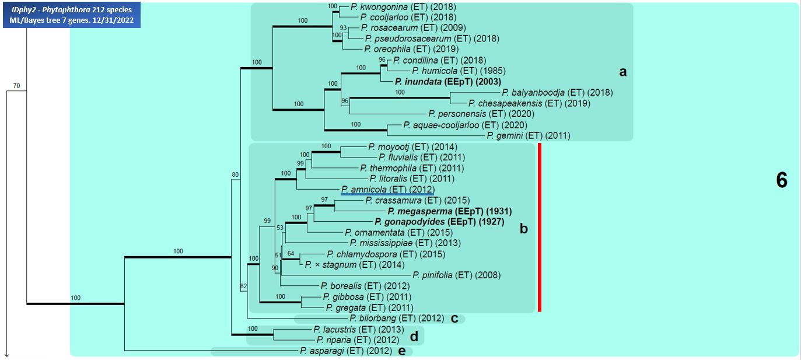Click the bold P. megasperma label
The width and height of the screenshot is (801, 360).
click(419, 211)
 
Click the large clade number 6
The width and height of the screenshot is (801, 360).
click(781, 181)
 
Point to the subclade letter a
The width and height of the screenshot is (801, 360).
click(622, 72)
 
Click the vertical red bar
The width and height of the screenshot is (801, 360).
click(540, 228)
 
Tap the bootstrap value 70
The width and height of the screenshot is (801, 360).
click(16, 86)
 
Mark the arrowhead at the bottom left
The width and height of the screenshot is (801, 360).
click(6, 354)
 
